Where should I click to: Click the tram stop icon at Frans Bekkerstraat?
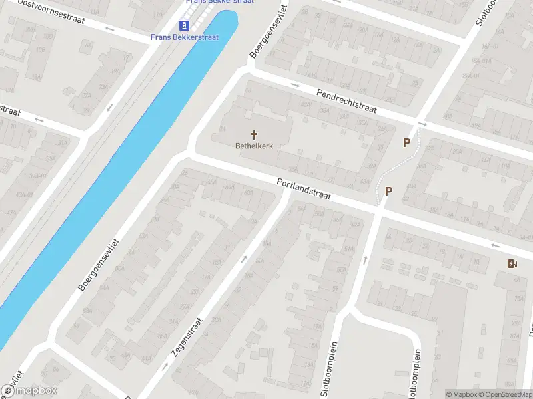[183, 26]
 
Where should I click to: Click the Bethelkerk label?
[254, 145]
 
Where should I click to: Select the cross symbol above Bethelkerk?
[254, 134]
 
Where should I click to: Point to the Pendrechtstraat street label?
[346, 101]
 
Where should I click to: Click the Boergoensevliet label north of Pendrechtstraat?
[268, 31]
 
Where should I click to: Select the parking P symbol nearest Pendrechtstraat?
[406, 142]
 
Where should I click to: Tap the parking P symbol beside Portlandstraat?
[388, 192]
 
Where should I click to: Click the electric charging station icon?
[511, 264]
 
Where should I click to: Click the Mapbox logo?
[29, 391]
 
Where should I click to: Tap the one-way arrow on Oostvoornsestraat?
[109, 29]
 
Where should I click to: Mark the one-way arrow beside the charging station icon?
[495, 245]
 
